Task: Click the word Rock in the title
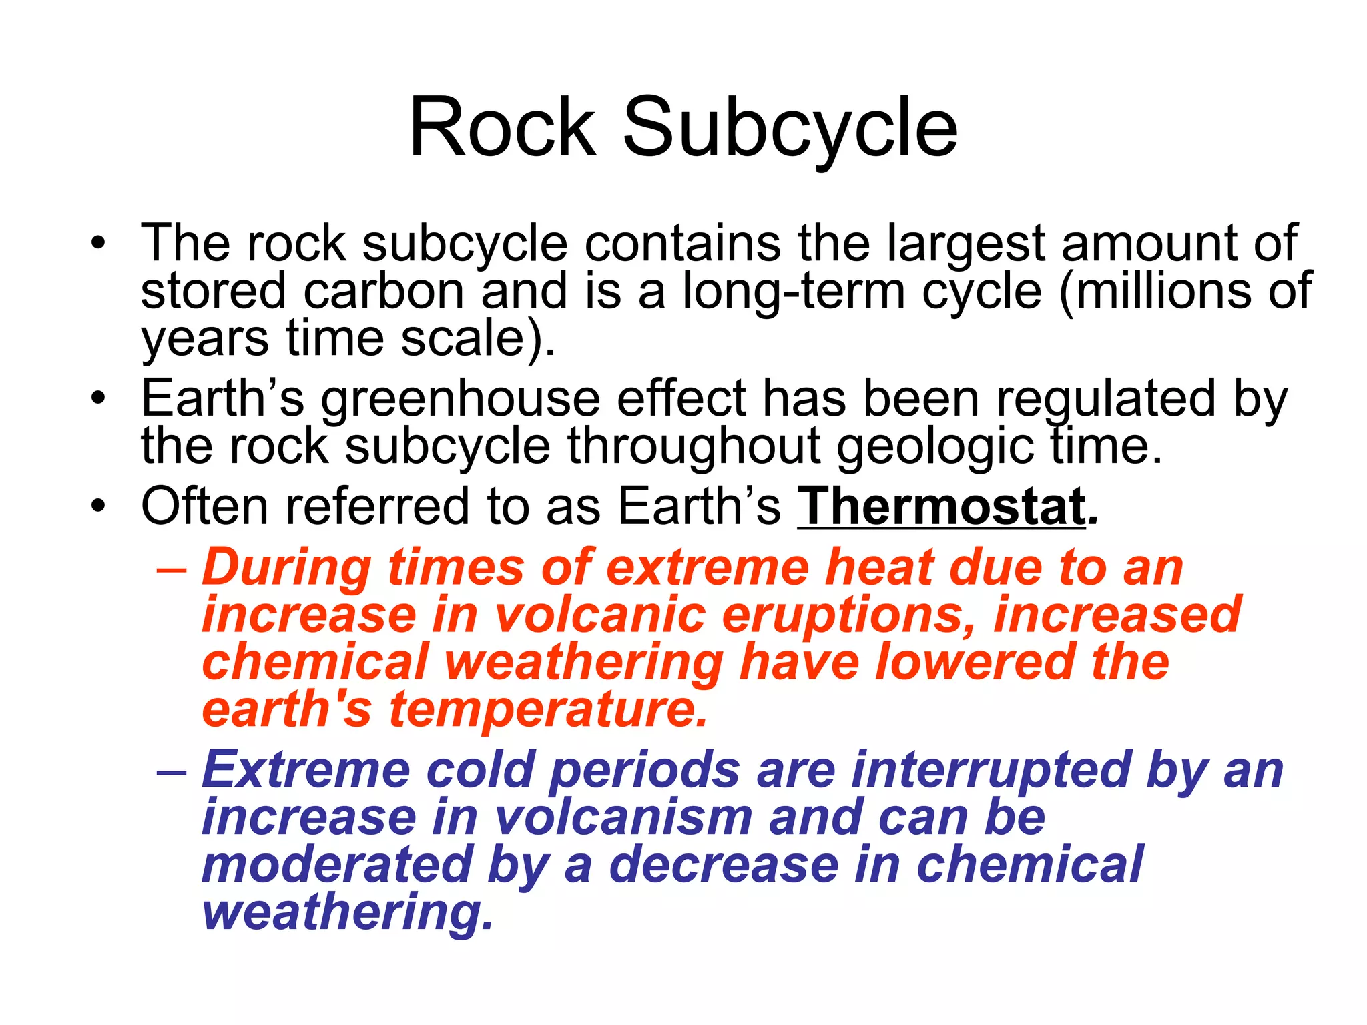click(502, 128)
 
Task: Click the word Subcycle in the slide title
click(790, 128)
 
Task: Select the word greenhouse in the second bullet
click(461, 399)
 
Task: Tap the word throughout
click(694, 447)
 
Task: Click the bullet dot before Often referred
click(99, 506)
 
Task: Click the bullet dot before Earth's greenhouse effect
click(99, 398)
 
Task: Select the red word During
click(287, 567)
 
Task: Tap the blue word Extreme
click(306, 770)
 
